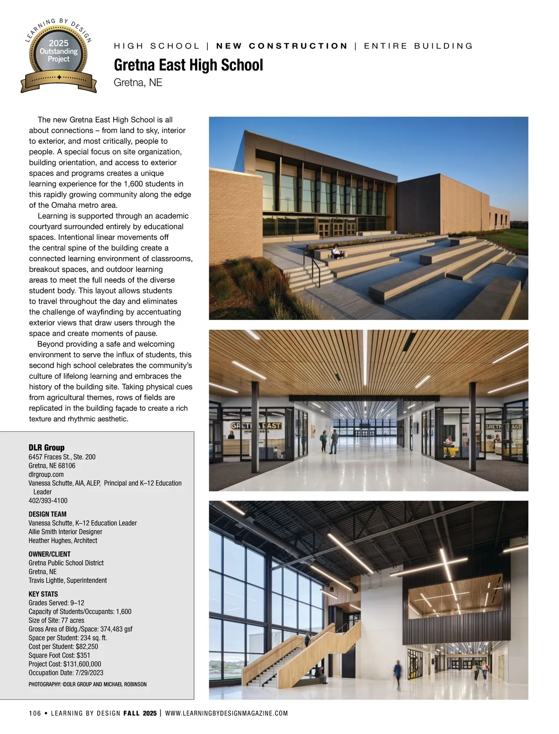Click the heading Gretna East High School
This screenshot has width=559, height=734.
click(188, 65)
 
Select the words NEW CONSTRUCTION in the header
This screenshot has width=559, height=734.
click(282, 46)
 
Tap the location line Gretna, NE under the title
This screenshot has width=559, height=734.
click(138, 83)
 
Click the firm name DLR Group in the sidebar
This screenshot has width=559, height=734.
click(47, 448)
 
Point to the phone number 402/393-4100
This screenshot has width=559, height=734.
click(48, 501)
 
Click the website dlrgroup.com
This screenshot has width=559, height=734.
click(46, 474)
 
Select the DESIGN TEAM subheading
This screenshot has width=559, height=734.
click(48, 514)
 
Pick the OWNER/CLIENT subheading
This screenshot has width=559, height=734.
click(49, 554)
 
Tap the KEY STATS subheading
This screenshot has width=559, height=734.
click(43, 594)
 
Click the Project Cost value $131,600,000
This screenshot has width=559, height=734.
click(82, 664)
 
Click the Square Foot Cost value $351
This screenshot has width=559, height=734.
click(83, 655)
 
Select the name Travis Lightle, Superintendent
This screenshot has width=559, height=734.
click(68, 580)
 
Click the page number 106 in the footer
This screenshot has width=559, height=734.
click(35, 713)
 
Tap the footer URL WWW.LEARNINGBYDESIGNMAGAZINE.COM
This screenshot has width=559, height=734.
click(226, 713)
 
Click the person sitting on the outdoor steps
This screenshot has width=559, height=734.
click(335, 252)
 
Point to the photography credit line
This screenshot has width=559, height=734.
click(88, 684)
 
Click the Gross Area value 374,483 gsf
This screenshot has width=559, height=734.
click(116, 629)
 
